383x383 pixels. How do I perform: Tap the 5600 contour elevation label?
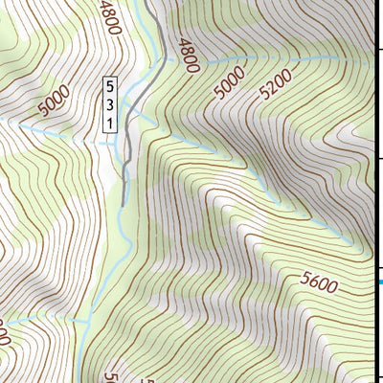click(x=320, y=282)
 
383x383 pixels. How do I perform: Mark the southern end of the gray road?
click(x=123, y=204)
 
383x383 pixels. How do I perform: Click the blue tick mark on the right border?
click(x=379, y=282)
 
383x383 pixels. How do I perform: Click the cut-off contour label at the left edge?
click(x=5, y=336)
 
